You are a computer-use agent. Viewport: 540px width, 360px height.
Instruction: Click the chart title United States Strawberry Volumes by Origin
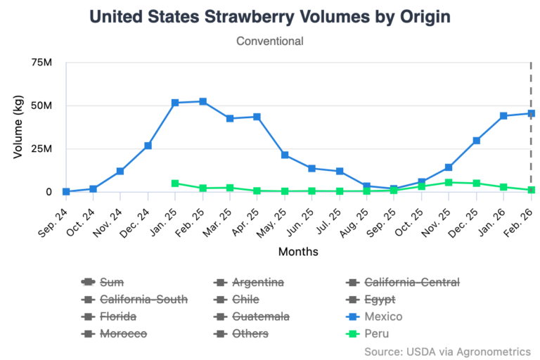pos(270,16)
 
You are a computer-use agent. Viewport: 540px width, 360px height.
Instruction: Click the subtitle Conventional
pos(270,41)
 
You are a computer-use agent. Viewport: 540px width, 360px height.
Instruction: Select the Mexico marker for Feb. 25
pos(202,101)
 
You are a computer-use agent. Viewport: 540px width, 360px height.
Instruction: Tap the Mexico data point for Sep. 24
pos(66,191)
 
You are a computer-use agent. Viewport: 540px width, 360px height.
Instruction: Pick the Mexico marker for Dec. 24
pos(148,146)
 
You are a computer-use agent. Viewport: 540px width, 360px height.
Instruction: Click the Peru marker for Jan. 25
pos(175,184)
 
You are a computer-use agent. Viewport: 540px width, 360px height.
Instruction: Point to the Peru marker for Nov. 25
pos(449,182)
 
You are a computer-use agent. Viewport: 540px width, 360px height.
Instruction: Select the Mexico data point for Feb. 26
pos(531,113)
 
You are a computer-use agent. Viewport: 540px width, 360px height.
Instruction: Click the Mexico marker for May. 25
pos(285,155)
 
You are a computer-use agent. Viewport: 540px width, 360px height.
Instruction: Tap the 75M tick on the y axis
pos(41,63)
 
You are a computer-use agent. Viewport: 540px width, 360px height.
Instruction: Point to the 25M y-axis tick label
pos(41,149)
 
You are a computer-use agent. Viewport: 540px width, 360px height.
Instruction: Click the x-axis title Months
pos(298,251)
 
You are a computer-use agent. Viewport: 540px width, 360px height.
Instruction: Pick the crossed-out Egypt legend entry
pos(380,300)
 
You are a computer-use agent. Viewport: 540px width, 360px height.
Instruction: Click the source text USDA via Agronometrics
pos(447,351)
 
